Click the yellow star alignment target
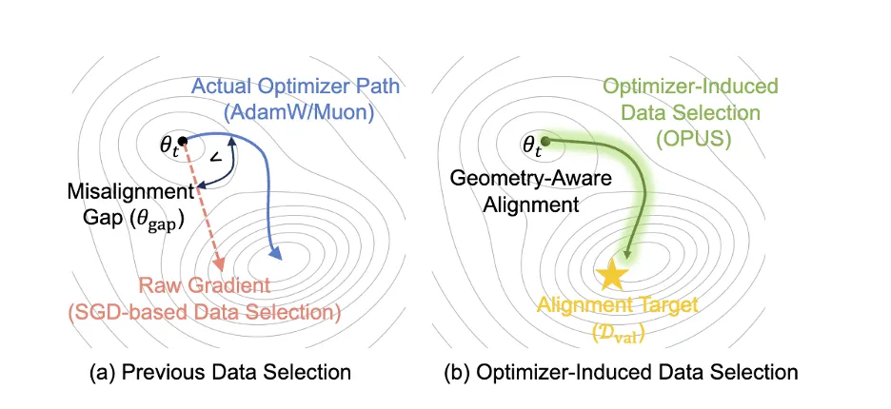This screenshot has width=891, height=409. (611, 275)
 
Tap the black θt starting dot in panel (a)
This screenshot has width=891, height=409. (182, 142)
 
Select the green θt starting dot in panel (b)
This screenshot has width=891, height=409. (544, 142)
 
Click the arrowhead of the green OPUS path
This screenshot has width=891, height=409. (627, 256)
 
